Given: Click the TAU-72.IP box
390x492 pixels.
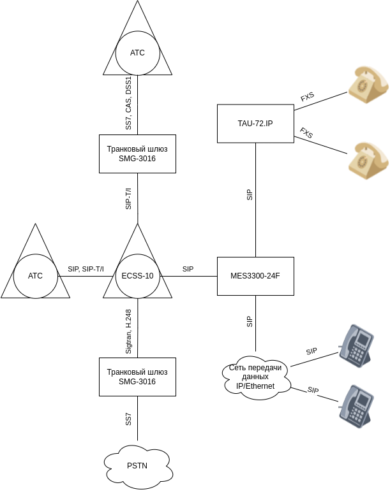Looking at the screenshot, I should click(255, 122).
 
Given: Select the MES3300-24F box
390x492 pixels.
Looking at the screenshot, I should click(255, 276).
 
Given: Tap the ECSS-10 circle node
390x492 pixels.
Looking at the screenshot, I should click(137, 276).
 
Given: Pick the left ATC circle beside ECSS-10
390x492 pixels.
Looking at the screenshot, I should click(35, 276).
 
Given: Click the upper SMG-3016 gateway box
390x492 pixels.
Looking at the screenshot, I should click(137, 154).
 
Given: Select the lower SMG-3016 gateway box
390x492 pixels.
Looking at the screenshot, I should click(137, 376).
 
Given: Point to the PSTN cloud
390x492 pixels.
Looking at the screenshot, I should click(137, 465).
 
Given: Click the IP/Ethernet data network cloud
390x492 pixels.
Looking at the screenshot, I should click(255, 376).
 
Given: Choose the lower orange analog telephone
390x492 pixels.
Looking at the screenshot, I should click(368, 159).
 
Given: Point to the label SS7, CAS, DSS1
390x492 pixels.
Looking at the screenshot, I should click(128, 104).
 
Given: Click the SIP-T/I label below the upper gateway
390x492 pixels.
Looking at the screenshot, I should click(128, 198).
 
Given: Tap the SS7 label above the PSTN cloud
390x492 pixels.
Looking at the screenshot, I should click(128, 419).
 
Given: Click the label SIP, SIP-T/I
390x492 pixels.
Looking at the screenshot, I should click(86, 270).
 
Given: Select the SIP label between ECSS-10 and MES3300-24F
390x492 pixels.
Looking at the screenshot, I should click(188, 270).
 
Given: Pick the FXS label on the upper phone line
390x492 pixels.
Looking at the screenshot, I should click(307, 98).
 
